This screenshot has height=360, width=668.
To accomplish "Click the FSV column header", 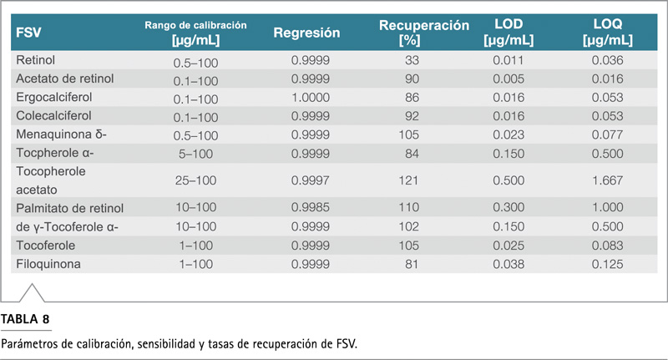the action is coord(28,33).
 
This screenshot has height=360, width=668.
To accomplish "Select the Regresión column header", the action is coord(306,33).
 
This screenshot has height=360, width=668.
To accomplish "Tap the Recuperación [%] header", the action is coord(424,33).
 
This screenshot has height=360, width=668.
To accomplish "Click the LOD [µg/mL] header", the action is coord(509,32).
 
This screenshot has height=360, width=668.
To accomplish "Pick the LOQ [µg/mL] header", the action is coord(608,32).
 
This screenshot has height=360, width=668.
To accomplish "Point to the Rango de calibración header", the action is coord(195,25).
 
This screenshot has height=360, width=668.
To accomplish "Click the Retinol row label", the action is coord(35,60).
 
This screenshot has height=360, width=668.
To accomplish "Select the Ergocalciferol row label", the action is coord(54,97).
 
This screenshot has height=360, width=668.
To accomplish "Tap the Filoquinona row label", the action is coord(48,264).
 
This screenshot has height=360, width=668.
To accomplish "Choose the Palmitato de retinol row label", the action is coord(70,208).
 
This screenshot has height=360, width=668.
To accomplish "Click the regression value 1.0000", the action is coord(311,98).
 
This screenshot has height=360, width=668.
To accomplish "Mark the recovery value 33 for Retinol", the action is coord(412,60).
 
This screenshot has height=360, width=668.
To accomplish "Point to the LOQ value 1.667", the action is coord(608,180).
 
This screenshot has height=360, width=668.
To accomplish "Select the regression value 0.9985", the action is coord(311,207).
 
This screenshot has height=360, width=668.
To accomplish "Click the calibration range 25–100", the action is coord(195,180).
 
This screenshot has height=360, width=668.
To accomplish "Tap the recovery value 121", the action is coord(408,180).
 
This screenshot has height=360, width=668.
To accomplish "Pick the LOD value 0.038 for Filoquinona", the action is coord(509,265).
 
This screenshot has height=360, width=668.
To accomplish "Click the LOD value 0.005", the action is coord(509,79).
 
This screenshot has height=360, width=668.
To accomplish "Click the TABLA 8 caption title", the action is coord(25,319).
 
